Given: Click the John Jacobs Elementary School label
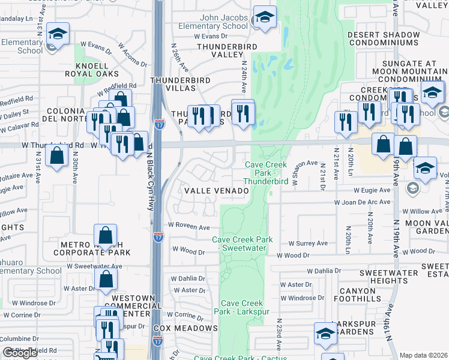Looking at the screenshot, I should (x=213, y=22).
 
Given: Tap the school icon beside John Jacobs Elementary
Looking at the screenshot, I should (x=264, y=18).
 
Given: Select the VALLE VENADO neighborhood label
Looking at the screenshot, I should (x=216, y=191).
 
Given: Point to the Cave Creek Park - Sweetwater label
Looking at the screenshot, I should (x=243, y=243).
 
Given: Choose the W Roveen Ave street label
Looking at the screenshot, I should (x=188, y=227).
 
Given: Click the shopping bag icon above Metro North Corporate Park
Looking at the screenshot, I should (x=105, y=236).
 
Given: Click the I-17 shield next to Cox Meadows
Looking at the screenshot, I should (x=157, y=340).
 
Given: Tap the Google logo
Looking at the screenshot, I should (x=20, y=353).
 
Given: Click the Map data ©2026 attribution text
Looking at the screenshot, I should (x=424, y=355).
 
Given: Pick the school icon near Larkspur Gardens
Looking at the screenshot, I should (x=325, y=335).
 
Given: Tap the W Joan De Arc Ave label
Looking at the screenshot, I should (x=366, y=202).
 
